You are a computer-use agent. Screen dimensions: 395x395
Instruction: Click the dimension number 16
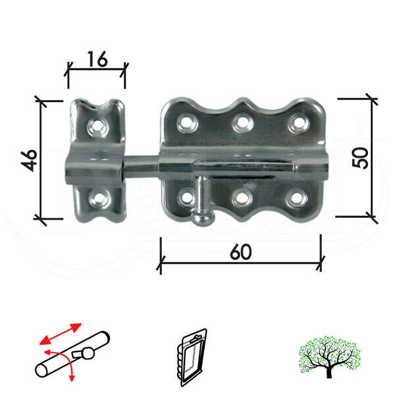pyautogui.click(x=97, y=60)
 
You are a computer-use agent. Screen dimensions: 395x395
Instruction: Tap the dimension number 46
pyautogui.click(x=28, y=160)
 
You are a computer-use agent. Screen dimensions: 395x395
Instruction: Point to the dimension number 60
pyautogui.click(x=241, y=252)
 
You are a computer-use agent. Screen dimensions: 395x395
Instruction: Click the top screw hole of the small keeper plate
pyautogui.click(x=99, y=125)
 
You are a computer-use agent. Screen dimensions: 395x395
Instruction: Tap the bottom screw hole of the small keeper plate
pyautogui.click(x=99, y=197)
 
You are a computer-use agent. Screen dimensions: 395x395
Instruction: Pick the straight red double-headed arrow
pyautogui.click(x=60, y=334)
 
